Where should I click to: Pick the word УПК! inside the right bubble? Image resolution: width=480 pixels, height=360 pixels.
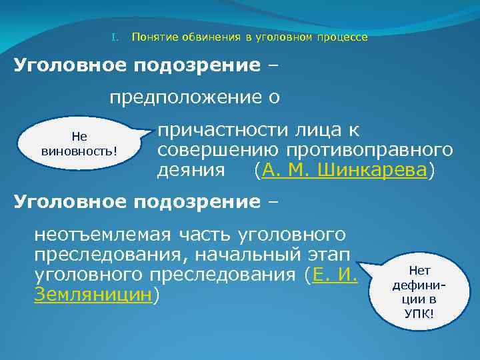coord(419,311)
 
